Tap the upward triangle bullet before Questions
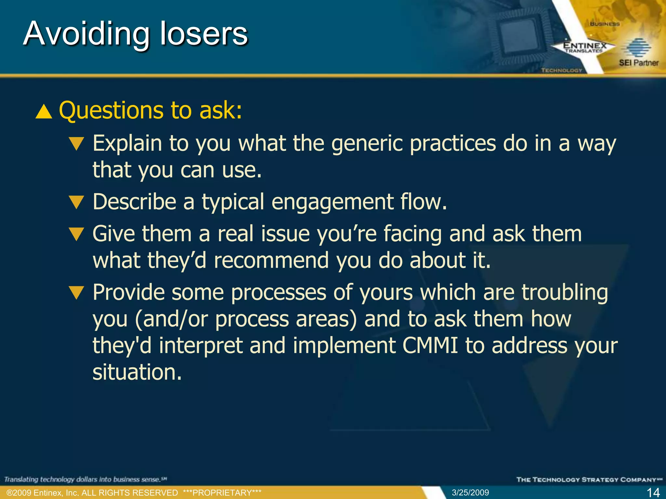[44, 112]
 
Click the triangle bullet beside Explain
[77, 143]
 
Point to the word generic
[366, 143]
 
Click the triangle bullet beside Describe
[77, 202]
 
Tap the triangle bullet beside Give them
[77, 234]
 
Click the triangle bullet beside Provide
[77, 292]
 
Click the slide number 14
[653, 493]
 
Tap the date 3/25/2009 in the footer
[470, 493]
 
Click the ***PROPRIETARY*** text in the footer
[222, 493]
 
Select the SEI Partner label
[638, 63]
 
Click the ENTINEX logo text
[585, 46]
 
